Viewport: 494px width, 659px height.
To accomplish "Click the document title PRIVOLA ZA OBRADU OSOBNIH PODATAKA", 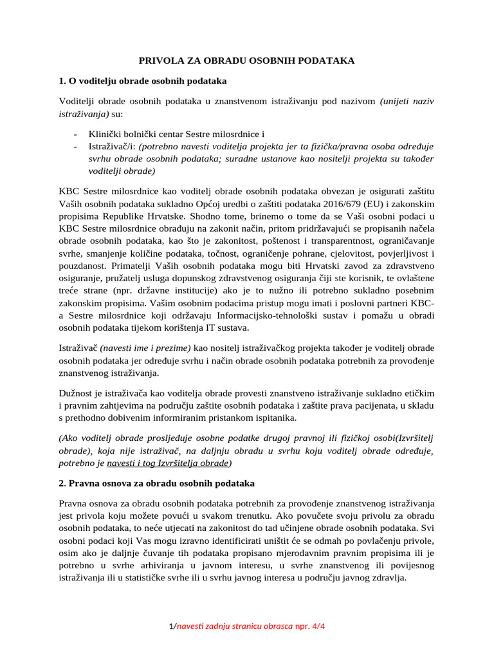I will point(247,60).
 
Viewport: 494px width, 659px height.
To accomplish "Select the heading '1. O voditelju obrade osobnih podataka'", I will point(142,81).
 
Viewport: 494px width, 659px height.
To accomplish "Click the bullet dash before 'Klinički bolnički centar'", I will point(76,135).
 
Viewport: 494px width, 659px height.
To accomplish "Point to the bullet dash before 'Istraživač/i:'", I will point(76,147).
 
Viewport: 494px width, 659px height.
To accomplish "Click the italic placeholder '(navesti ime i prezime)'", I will point(145,348).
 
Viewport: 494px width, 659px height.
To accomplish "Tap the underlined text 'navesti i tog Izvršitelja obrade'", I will point(168,463).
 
